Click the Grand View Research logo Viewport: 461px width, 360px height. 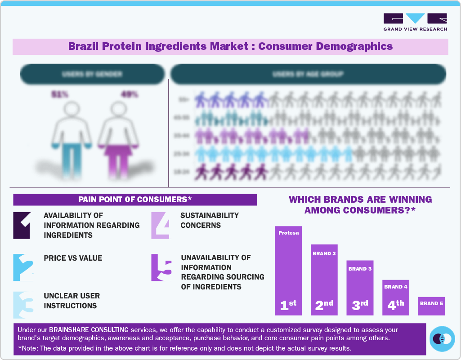point(415,22)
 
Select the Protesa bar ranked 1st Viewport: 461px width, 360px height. point(288,270)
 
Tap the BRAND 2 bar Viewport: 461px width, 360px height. point(324,279)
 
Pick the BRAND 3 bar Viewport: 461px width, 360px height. point(360,288)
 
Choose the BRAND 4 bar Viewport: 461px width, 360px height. point(396,297)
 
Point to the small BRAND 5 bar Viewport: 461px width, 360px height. point(431,306)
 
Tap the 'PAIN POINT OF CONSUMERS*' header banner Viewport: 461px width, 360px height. point(135,200)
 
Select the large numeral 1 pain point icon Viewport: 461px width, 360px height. point(22,225)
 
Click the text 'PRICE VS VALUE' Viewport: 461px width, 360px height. point(73,258)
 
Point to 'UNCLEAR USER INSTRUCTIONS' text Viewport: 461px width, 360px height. point(72,301)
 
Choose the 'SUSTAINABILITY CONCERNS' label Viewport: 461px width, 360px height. point(209,220)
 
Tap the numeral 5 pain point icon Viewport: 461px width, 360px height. point(161,267)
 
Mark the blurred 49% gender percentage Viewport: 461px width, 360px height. point(129,94)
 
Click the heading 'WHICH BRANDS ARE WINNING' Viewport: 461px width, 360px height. point(360,199)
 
